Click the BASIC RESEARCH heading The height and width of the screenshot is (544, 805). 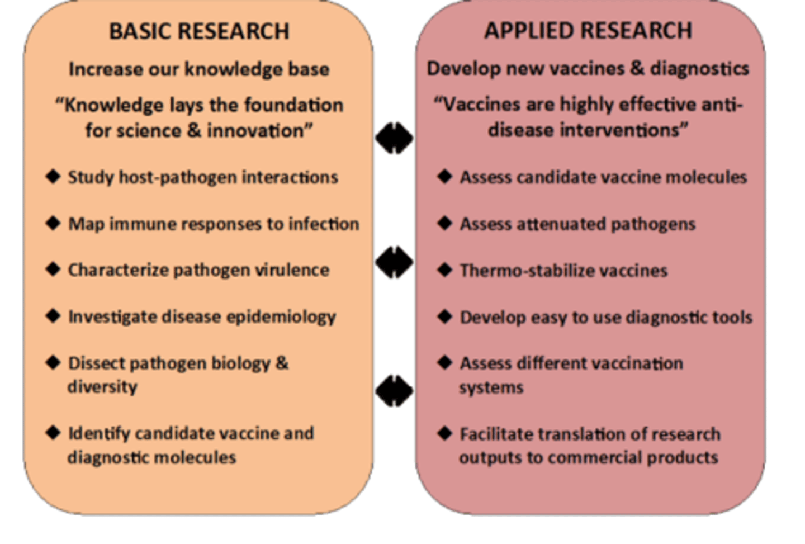[x=199, y=31]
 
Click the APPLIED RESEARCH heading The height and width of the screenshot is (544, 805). [x=588, y=30]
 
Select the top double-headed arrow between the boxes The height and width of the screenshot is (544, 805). [x=394, y=138]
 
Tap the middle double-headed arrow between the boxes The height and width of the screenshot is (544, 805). [x=394, y=262]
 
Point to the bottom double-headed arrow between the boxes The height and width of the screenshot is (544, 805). [x=394, y=391]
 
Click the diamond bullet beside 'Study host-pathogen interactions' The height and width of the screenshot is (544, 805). [x=53, y=177]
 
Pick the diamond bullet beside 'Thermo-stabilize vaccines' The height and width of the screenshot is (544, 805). [x=445, y=270]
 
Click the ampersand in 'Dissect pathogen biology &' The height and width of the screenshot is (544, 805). [x=282, y=363]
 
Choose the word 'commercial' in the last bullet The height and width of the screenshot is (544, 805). [x=591, y=458]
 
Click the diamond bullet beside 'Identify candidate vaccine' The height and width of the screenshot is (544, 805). [x=53, y=433]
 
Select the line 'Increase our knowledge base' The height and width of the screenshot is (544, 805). [x=199, y=69]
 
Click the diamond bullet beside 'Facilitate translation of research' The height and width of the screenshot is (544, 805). [x=445, y=433]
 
